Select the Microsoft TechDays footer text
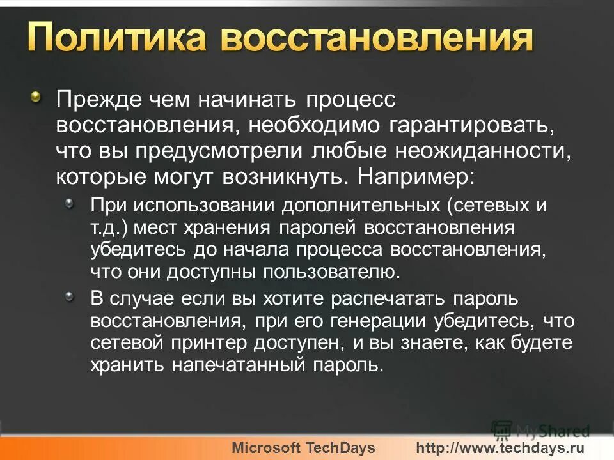[x=303, y=448]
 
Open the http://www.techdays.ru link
[x=501, y=448]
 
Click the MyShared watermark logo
[x=540, y=430]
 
